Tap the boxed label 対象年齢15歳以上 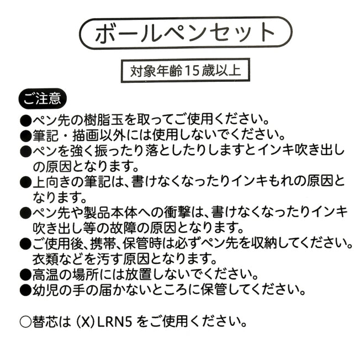(181, 71)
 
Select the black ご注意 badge (43, 99)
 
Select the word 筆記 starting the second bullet (46, 135)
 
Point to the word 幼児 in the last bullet (46, 289)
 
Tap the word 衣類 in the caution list (46, 258)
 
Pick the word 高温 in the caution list (46, 274)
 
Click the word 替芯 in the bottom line (46, 321)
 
